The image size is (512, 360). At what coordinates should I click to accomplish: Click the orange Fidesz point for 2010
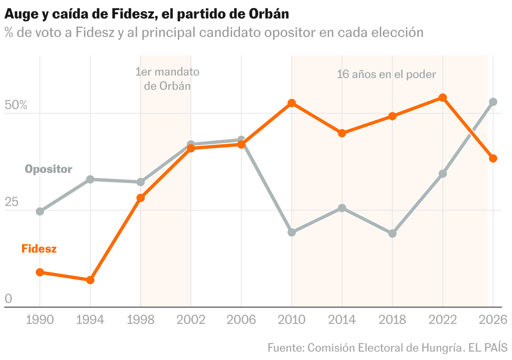tap(292, 103)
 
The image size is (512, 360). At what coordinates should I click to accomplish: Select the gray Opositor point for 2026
tap(493, 102)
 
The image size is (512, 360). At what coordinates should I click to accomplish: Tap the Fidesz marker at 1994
tap(90, 280)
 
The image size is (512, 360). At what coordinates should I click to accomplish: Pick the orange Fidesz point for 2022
tap(443, 98)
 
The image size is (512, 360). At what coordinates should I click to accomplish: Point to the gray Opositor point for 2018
tap(392, 233)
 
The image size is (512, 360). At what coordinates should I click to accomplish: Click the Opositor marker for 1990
tap(40, 211)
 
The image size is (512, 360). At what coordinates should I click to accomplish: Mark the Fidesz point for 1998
tap(141, 198)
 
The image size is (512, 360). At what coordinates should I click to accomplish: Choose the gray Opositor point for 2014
tap(342, 208)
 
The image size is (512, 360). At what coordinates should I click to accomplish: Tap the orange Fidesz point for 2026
tap(493, 158)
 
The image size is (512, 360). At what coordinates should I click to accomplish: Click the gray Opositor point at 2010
tap(292, 232)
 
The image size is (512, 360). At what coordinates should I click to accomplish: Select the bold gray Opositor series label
tap(48, 169)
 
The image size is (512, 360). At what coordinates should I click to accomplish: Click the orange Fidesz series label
tap(39, 248)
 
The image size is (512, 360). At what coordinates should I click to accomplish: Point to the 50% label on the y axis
tap(16, 105)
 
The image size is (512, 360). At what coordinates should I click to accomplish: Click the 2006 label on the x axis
tap(241, 320)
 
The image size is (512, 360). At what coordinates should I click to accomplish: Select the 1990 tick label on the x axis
tap(40, 320)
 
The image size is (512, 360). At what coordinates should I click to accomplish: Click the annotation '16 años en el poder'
tap(387, 75)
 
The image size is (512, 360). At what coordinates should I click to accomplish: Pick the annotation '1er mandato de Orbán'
tap(167, 79)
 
